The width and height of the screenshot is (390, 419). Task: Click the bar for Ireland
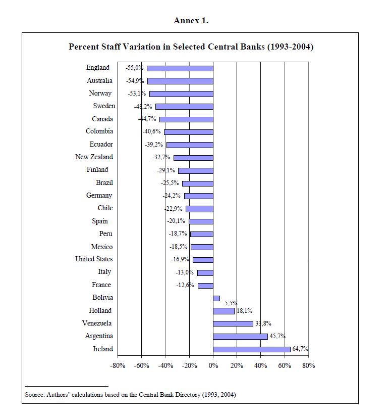point(251,349)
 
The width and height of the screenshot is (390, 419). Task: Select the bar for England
point(180,68)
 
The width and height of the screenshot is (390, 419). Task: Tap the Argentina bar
point(240,336)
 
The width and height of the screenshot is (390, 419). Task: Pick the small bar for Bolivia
point(216,298)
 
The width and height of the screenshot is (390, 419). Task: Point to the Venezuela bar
point(233,323)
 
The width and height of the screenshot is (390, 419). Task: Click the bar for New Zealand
point(193,158)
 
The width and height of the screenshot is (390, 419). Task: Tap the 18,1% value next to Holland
point(245,311)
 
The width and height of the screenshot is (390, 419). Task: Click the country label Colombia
point(99,131)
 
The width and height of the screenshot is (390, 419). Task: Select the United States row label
point(94,259)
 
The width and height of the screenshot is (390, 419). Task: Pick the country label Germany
point(99,196)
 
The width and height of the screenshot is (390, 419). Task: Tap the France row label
point(101,285)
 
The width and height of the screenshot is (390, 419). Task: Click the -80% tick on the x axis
point(118,366)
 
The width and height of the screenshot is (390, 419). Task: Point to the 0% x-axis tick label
point(213,366)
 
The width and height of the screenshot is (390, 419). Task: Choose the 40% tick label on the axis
point(260,366)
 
